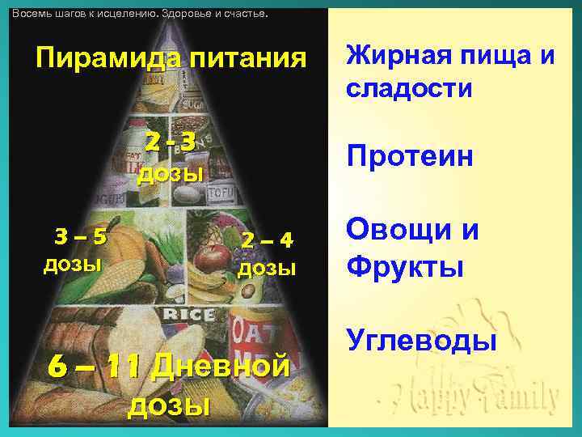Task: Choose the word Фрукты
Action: pos(405,265)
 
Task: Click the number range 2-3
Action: pos(171,142)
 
